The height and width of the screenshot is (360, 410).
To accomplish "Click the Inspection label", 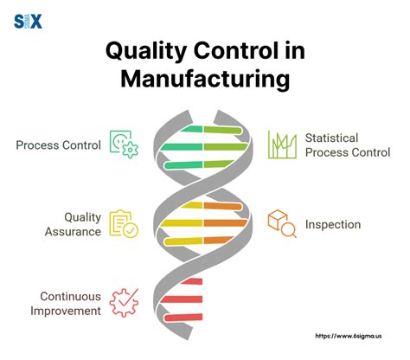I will click(331, 225).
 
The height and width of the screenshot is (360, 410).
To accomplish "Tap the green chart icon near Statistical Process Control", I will click(282, 145).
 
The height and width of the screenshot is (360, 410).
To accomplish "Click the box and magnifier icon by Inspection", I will click(281, 224).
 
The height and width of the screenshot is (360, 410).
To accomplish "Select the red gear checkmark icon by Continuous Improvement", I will click(124, 303).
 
